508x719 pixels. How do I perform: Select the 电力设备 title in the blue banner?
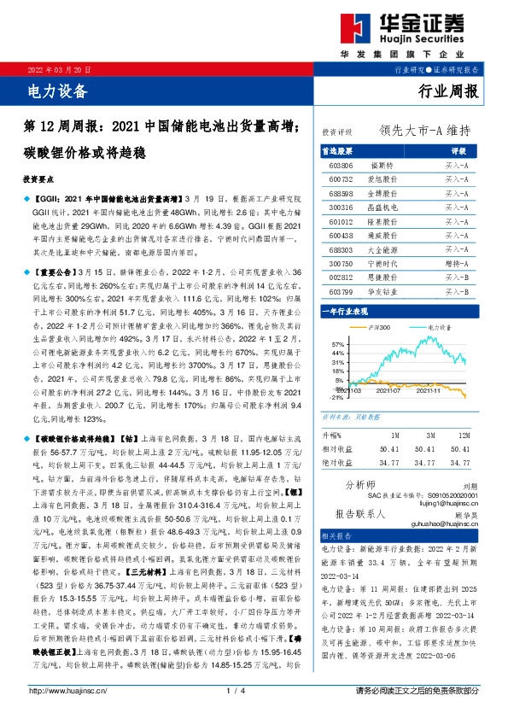52,88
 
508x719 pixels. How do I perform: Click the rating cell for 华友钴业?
457,292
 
